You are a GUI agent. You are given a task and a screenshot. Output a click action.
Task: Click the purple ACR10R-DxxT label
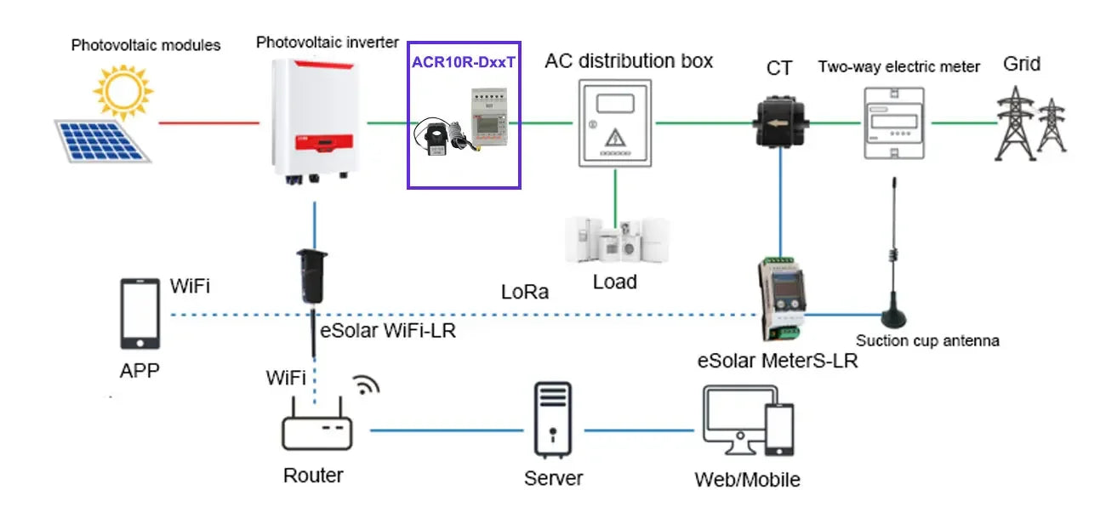click(463, 61)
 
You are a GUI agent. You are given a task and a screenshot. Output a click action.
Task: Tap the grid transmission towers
click(1030, 122)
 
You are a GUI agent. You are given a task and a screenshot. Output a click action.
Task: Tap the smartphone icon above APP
click(140, 312)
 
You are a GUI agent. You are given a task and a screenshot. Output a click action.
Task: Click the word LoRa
click(524, 292)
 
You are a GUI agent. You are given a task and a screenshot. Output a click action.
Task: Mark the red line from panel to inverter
click(209, 122)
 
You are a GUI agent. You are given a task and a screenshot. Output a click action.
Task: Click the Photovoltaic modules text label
click(145, 44)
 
